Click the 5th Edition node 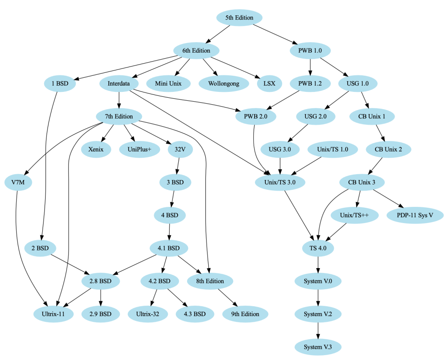[239, 18]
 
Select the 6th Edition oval [197, 51]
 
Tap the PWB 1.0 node [310, 51]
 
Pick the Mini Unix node [168, 84]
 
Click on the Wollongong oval [223, 84]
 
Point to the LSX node [269, 84]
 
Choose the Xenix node [96, 149]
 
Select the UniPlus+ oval [139, 149]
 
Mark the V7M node [18, 182]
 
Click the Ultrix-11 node [53, 314]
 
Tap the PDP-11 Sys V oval [415, 215]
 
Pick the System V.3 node [318, 347]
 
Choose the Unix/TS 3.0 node [280, 182]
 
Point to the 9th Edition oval [245, 314]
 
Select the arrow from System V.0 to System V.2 [318, 298]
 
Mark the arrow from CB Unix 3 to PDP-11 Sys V [389, 199]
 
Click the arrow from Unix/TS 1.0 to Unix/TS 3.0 [306, 166]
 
